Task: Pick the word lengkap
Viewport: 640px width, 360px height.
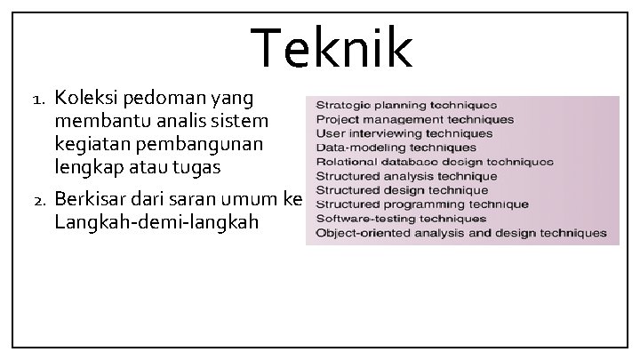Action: click(89, 165)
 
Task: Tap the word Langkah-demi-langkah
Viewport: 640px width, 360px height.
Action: click(156, 221)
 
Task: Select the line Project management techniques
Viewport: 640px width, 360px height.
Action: click(414, 119)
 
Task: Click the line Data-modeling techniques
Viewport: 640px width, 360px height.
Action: click(396, 148)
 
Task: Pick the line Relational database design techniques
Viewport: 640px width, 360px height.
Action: click(434, 162)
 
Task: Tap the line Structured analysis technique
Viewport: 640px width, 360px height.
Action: click(406, 176)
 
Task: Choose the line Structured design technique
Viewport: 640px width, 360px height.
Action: click(402, 190)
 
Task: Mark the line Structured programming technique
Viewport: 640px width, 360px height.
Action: click(421, 204)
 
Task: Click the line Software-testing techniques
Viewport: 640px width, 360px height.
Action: click(401, 219)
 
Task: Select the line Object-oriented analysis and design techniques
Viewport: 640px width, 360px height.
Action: click(460, 233)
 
